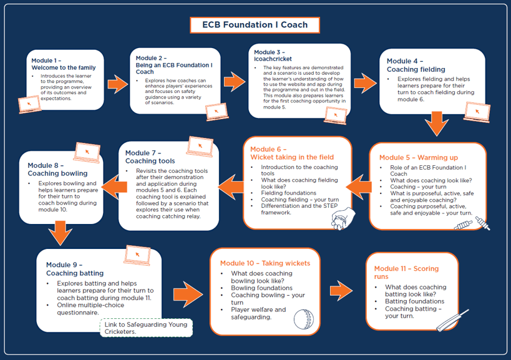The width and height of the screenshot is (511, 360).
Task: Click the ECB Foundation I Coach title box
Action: pyautogui.click(x=255, y=25)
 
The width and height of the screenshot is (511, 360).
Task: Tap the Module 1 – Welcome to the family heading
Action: pyautogui.click(x=63, y=64)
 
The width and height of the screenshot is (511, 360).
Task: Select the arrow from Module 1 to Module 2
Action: pyautogui.click(x=117, y=82)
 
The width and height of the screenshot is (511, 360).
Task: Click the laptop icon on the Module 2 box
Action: pyautogui.click(x=216, y=111)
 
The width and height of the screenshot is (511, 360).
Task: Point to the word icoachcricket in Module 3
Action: pyautogui.click(x=273, y=59)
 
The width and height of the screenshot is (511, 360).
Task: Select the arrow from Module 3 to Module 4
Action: pyautogui.click(x=365, y=82)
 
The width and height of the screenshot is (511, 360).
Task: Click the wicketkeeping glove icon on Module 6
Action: pyautogui.click(x=343, y=219)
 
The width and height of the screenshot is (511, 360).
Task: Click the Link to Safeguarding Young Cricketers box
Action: pyautogui.click(x=146, y=328)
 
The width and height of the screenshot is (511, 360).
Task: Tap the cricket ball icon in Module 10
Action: pyautogui.click(x=304, y=319)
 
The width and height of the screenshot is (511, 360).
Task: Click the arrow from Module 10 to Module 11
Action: pyautogui.click(x=341, y=290)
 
